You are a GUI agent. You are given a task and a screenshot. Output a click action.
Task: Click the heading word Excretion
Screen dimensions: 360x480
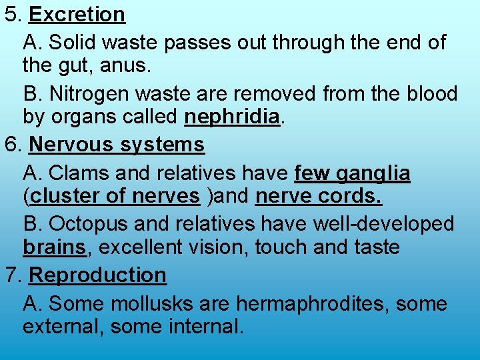pos(77,15)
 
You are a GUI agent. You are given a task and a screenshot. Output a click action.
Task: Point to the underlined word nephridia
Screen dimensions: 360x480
pos(231,117)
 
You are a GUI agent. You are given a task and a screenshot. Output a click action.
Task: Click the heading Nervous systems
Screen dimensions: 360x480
pos(117,144)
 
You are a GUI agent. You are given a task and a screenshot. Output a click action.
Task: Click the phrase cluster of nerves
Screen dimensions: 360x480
pos(115,197)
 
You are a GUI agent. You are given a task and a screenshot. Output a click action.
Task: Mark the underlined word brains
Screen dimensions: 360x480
pos(54,247)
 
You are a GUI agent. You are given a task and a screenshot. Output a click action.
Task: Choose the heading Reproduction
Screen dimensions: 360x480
pos(98,275)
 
